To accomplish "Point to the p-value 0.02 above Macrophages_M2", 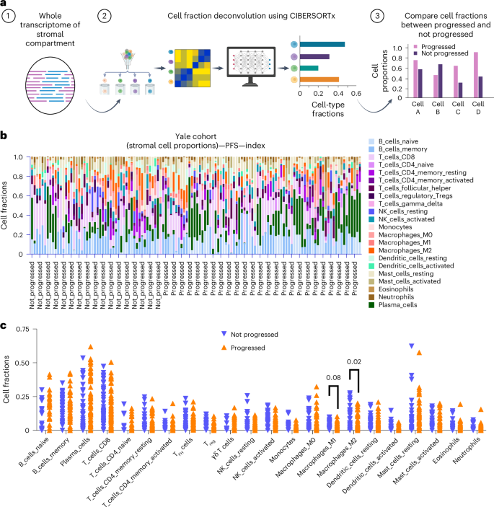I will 354,362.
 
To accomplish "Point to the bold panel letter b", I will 4,135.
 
